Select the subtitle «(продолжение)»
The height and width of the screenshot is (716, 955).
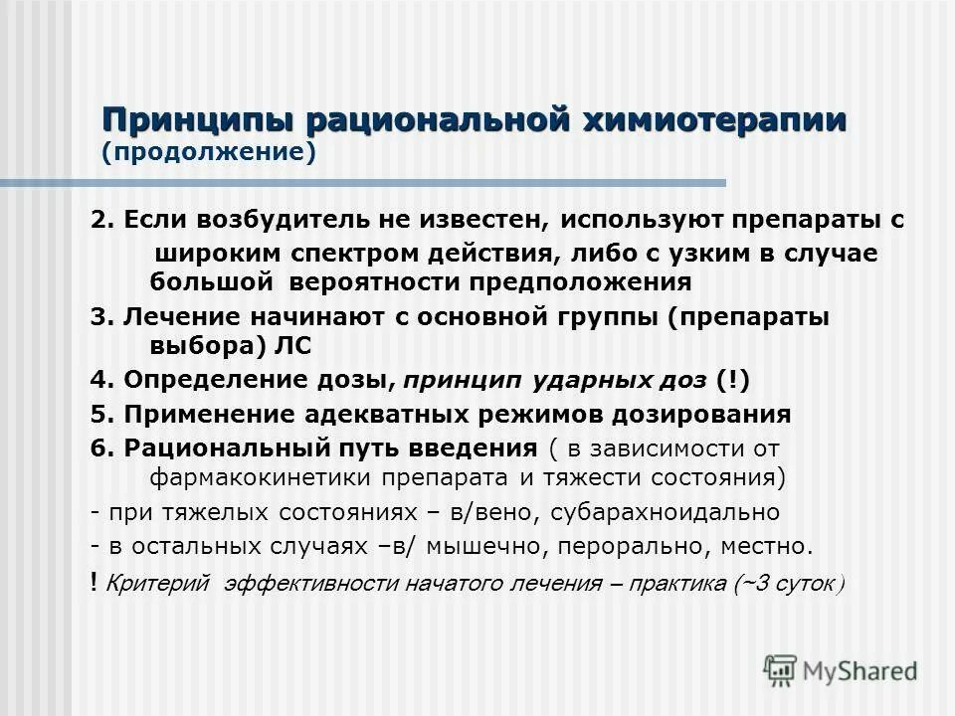(208, 153)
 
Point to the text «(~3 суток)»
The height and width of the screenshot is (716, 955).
(790, 584)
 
